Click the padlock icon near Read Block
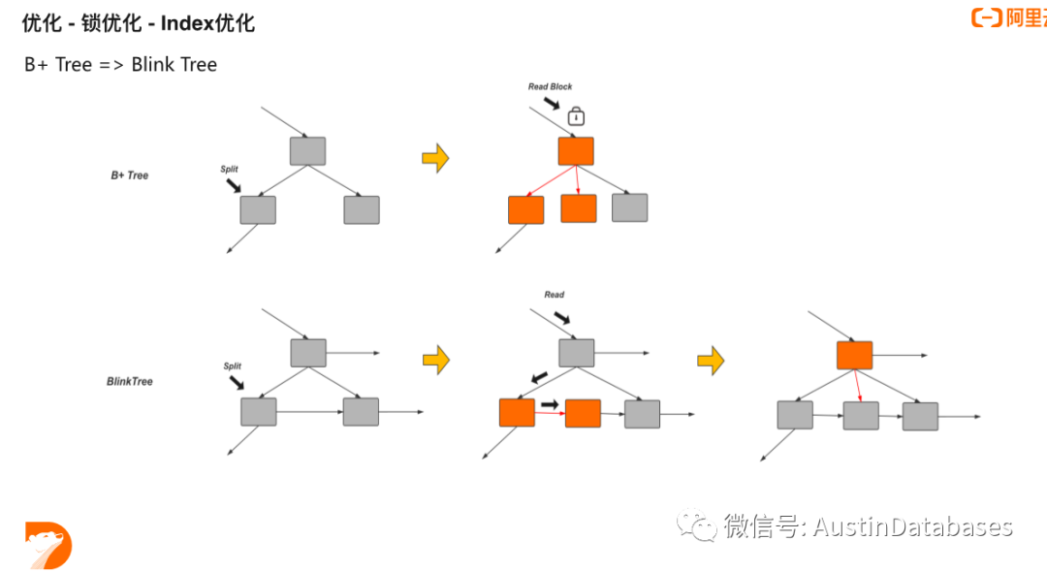[576, 116]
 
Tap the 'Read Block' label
[550, 87]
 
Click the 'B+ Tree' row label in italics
[129, 175]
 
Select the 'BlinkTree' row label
[129, 382]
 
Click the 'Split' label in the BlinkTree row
[233, 366]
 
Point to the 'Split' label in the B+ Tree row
[229, 170]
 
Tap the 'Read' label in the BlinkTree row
[554, 295]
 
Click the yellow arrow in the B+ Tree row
[435, 158]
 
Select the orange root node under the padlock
[576, 151]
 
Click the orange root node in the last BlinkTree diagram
[854, 355]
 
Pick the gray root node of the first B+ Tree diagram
[307, 151]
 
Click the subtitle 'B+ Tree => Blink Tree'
[120, 65]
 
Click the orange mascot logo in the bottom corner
[48, 545]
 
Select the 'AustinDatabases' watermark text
[911, 527]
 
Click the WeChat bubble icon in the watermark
[698, 526]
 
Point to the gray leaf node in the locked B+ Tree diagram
[629, 207]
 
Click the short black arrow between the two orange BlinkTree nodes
[550, 403]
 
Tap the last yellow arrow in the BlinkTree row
[711, 361]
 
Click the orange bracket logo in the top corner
[986, 17]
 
